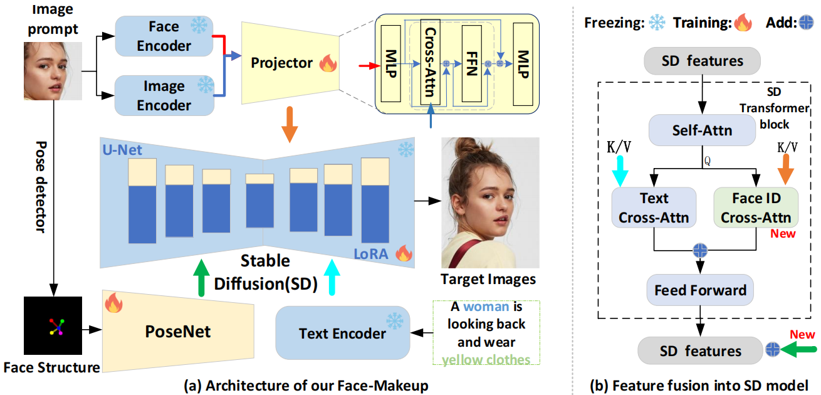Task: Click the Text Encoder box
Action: tap(342, 333)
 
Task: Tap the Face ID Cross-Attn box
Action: tap(756, 208)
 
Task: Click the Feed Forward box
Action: tap(700, 290)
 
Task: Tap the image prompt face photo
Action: tap(53, 71)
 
